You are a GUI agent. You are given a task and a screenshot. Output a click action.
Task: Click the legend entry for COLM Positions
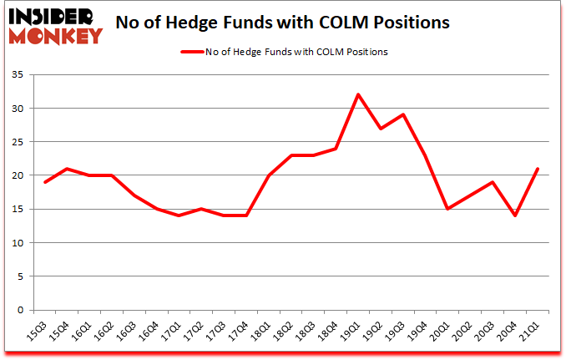284,52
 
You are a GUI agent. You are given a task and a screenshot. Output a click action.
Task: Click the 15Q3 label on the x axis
38,332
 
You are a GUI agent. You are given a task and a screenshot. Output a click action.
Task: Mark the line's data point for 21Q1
538,169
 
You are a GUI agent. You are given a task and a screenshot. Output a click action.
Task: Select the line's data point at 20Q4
516,215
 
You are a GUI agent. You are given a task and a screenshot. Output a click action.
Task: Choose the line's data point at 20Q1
449,209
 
